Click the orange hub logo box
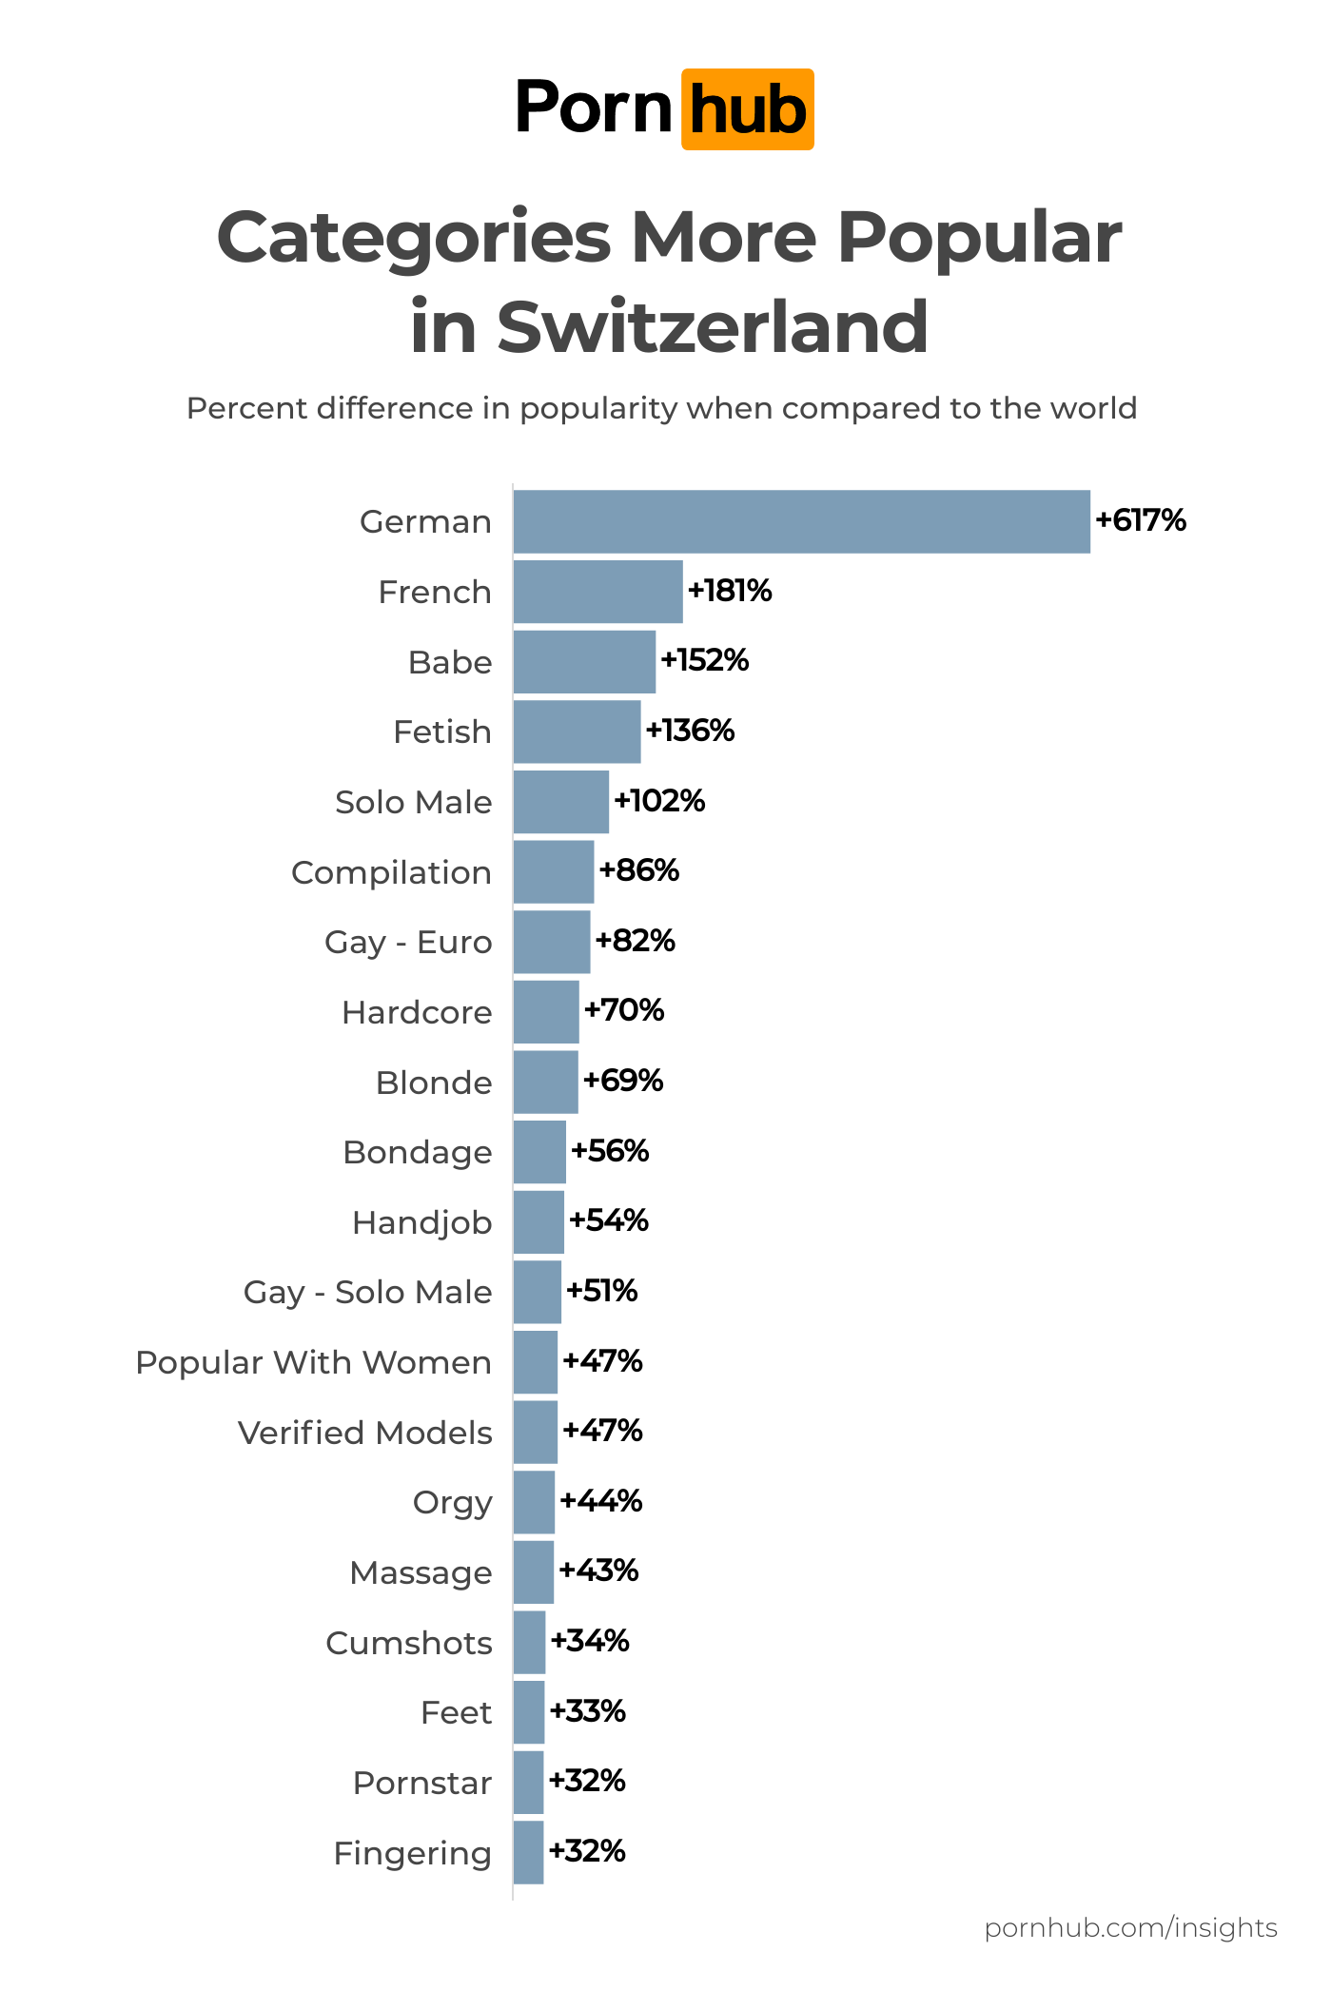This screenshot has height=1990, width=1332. (747, 109)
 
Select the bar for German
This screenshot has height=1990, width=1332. (801, 521)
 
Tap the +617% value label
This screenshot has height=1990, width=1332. (1141, 520)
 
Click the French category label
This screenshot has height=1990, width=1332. (435, 592)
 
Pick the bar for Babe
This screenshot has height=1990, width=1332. (584, 661)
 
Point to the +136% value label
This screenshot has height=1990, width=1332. (690, 731)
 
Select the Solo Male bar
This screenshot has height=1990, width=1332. (560, 802)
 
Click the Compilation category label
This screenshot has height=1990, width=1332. (391, 872)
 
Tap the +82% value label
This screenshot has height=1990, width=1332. (635, 941)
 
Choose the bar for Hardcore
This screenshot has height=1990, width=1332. (546, 1012)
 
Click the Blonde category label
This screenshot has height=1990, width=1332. (434, 1083)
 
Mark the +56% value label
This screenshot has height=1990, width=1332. (610, 1151)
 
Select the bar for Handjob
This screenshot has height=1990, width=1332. (539, 1222)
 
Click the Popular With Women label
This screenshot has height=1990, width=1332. (313, 1362)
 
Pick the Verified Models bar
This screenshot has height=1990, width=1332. (535, 1432)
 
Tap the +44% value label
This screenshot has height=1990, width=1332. (601, 1501)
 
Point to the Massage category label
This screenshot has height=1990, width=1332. (421, 1572)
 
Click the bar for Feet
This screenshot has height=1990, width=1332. (529, 1712)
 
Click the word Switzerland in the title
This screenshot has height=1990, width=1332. (713, 326)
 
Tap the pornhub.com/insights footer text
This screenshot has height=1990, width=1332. (1130, 1927)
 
